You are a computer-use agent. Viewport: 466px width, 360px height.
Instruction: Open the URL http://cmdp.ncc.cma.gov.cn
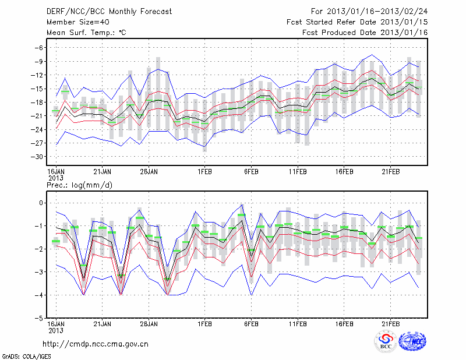96,344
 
